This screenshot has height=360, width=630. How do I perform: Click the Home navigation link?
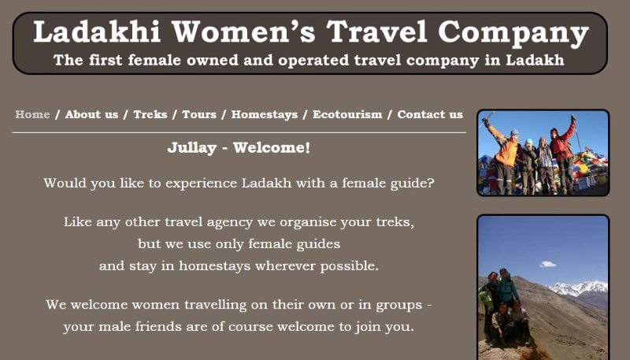pyautogui.click(x=32, y=114)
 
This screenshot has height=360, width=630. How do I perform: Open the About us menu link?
pyautogui.click(x=91, y=114)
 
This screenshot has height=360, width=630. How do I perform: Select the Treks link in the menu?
pyautogui.click(x=150, y=114)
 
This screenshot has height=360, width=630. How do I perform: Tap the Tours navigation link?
pyautogui.click(x=199, y=114)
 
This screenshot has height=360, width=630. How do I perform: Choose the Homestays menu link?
pyautogui.click(x=265, y=115)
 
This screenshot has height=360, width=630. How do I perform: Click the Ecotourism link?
pyautogui.click(x=347, y=114)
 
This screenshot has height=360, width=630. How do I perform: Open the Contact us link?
pyautogui.click(x=430, y=114)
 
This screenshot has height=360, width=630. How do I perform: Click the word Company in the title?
pyautogui.click(x=513, y=34)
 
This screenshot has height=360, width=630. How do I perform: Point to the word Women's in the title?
pyautogui.click(x=244, y=32)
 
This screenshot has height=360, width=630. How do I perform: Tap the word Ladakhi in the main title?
pyautogui.click(x=97, y=32)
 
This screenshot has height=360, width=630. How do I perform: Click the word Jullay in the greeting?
pyautogui.click(x=192, y=148)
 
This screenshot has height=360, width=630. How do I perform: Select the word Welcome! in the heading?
pyautogui.click(x=272, y=147)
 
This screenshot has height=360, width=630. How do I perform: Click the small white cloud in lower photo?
pyautogui.click(x=547, y=265)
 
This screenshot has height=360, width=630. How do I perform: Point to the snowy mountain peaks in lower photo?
pyautogui.click(x=579, y=288)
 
